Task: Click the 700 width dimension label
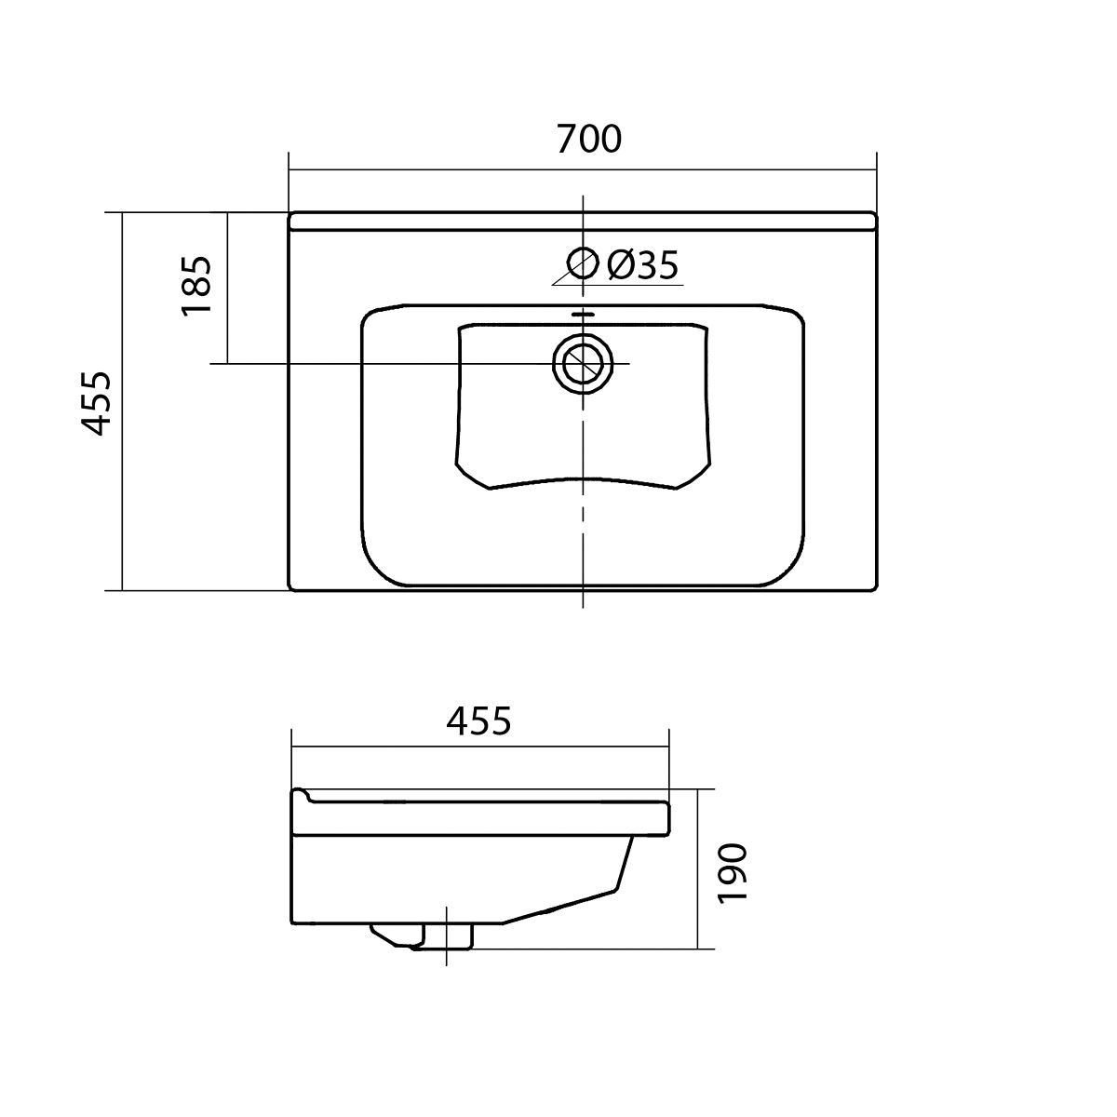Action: click(x=589, y=139)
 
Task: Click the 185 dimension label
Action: click(x=196, y=285)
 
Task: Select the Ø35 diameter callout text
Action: click(x=642, y=265)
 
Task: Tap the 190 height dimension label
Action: click(x=733, y=873)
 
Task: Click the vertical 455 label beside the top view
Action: click(x=95, y=403)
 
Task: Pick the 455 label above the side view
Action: click(x=478, y=721)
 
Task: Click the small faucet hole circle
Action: click(x=583, y=263)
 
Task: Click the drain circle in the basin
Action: click(x=583, y=364)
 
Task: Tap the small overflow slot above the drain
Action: click(x=583, y=315)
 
